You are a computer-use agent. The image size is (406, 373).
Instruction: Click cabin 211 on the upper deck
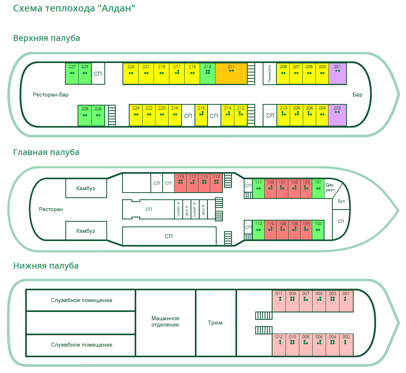pyautogui.click(x=231, y=73)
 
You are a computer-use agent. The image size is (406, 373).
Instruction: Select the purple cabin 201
pyautogui.click(x=337, y=73)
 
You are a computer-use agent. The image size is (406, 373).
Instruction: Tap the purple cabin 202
pyautogui.click(x=337, y=115)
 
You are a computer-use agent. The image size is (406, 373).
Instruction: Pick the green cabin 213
pyautogui.click(x=208, y=73)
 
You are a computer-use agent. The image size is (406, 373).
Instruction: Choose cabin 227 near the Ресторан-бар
pyautogui.click(x=72, y=73)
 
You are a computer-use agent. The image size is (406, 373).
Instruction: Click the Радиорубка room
pyautogui.click(x=270, y=73)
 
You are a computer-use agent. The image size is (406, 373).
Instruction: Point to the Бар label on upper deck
pyautogui.click(x=358, y=95)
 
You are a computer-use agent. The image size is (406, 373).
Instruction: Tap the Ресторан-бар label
pyautogui.click(x=54, y=95)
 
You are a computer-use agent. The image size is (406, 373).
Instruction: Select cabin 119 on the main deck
pyautogui.click(x=181, y=183)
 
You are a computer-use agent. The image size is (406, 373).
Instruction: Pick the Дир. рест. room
pyautogui.click(x=331, y=188)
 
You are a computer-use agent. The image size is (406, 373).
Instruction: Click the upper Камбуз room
pyautogui.click(x=85, y=188)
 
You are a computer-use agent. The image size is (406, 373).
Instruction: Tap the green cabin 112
pyautogui.click(x=258, y=230)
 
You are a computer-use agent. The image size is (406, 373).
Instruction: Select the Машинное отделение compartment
pyautogui.click(x=165, y=321)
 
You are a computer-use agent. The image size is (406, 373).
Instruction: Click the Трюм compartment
pyautogui.click(x=215, y=323)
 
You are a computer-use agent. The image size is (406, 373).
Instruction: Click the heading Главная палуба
pyautogui.click(x=46, y=152)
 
